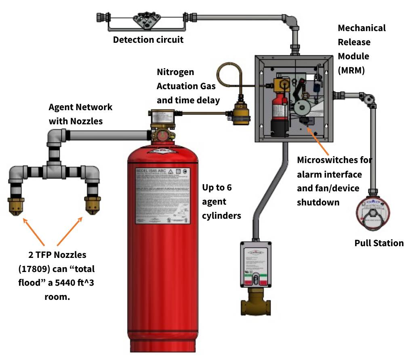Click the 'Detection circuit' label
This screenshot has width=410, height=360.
click(148, 40)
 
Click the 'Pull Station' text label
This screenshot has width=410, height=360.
click(379, 243)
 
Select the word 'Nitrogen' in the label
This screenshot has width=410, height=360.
click(175, 72)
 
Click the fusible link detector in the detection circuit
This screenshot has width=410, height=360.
click(146, 19)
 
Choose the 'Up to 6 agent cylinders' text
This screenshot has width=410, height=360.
click(221, 201)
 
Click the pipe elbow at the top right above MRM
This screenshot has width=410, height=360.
click(292, 20)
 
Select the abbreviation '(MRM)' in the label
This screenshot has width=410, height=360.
click(351, 70)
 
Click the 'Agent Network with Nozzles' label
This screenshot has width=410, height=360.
click(80, 114)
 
